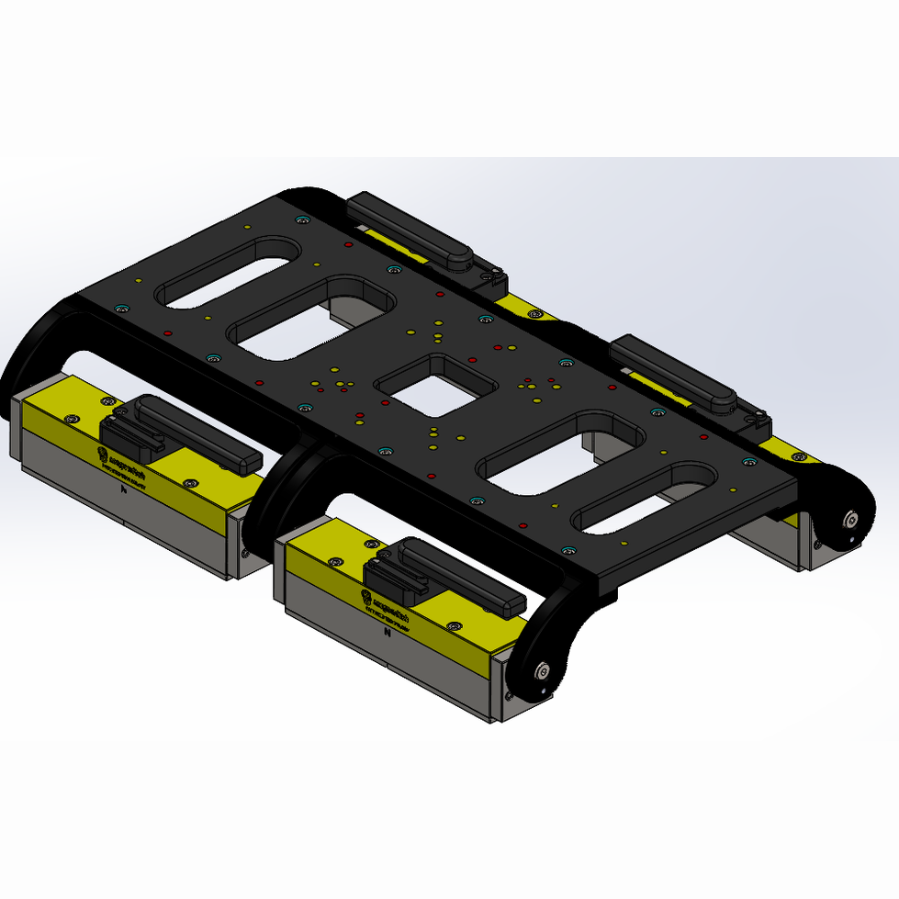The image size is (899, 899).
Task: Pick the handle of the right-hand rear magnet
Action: [x=675, y=372]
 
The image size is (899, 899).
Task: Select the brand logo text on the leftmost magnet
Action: [x=119, y=455]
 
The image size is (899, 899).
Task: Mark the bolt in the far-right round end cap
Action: [x=852, y=521]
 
